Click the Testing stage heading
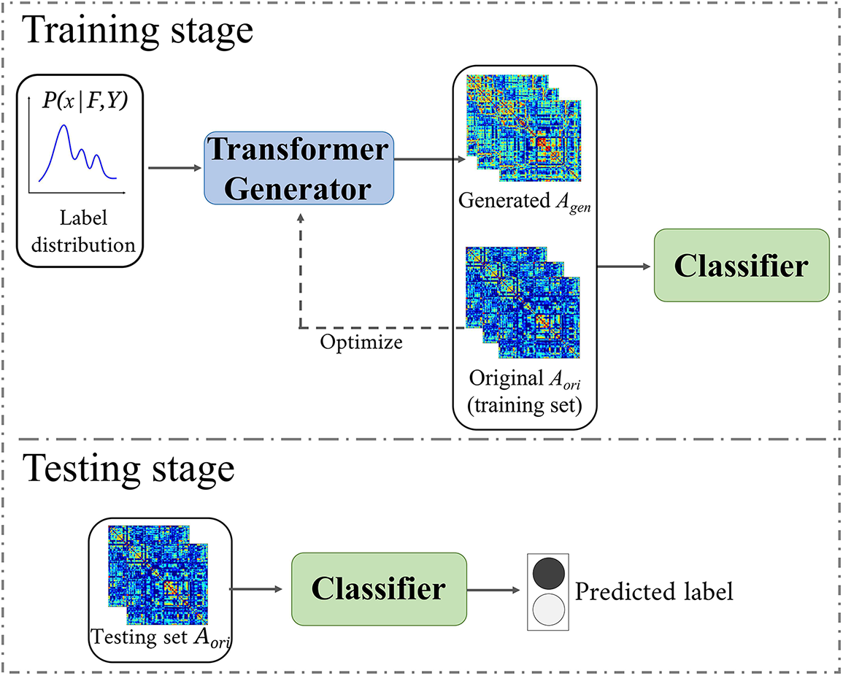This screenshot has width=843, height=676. coord(130,469)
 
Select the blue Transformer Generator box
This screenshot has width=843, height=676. coord(299,169)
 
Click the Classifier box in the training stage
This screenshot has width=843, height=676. coord(742,266)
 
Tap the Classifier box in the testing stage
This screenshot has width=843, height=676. coord(379,588)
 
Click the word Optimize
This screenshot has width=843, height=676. coord(361,342)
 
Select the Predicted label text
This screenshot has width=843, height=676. coord(654,591)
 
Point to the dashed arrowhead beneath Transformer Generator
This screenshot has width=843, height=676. coord(299,220)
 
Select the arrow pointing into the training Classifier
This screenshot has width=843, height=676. coord(625,266)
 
